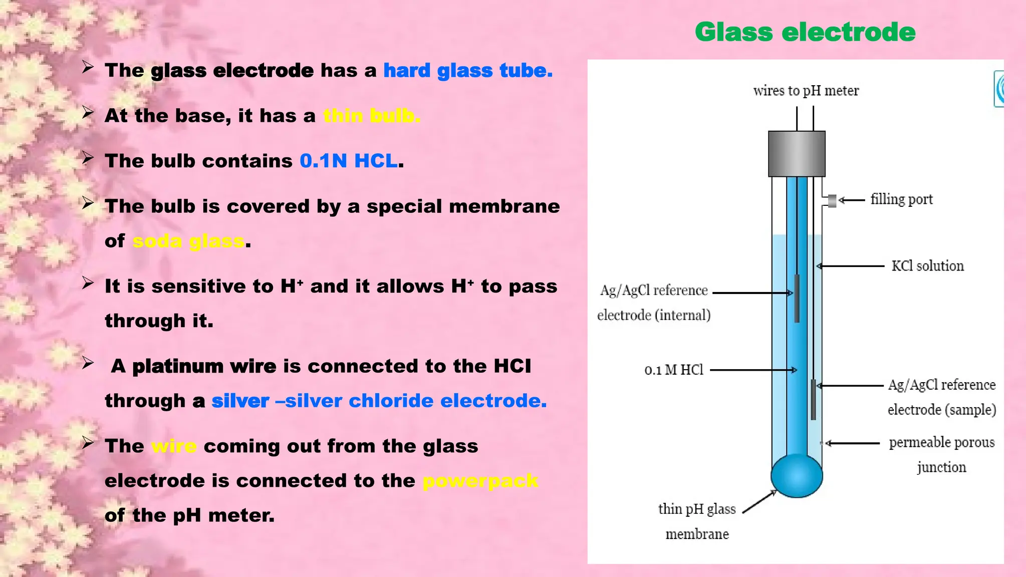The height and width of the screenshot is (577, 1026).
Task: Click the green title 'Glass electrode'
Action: tap(805, 33)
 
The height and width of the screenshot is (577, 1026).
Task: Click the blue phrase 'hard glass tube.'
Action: tap(468, 71)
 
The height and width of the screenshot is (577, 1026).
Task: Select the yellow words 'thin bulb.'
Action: tap(371, 116)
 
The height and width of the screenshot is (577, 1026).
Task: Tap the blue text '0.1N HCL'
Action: tap(349, 161)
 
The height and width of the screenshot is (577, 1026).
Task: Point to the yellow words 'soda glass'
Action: tap(188, 241)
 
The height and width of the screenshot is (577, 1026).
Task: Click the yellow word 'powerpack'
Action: tap(480, 481)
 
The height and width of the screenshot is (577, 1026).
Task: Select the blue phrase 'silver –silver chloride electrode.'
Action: tap(379, 401)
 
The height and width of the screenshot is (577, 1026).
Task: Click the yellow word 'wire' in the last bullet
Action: tap(174, 446)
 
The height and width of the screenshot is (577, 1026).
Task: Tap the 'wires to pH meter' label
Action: tap(806, 91)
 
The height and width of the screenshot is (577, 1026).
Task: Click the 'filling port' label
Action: tap(901, 199)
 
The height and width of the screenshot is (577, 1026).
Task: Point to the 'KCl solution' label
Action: tap(927, 266)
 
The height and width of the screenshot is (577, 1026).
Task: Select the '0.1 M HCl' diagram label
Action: tap(674, 370)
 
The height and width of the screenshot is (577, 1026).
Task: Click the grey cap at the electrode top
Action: tap(797, 153)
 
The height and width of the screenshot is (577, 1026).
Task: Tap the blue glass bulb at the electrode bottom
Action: tap(797, 476)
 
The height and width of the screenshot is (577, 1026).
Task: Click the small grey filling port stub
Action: tap(832, 201)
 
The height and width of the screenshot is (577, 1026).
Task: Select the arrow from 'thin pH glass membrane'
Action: tap(759, 502)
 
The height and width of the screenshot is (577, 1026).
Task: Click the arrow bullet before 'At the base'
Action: tap(88, 113)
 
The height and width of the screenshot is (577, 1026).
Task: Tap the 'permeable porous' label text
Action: tap(941, 443)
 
